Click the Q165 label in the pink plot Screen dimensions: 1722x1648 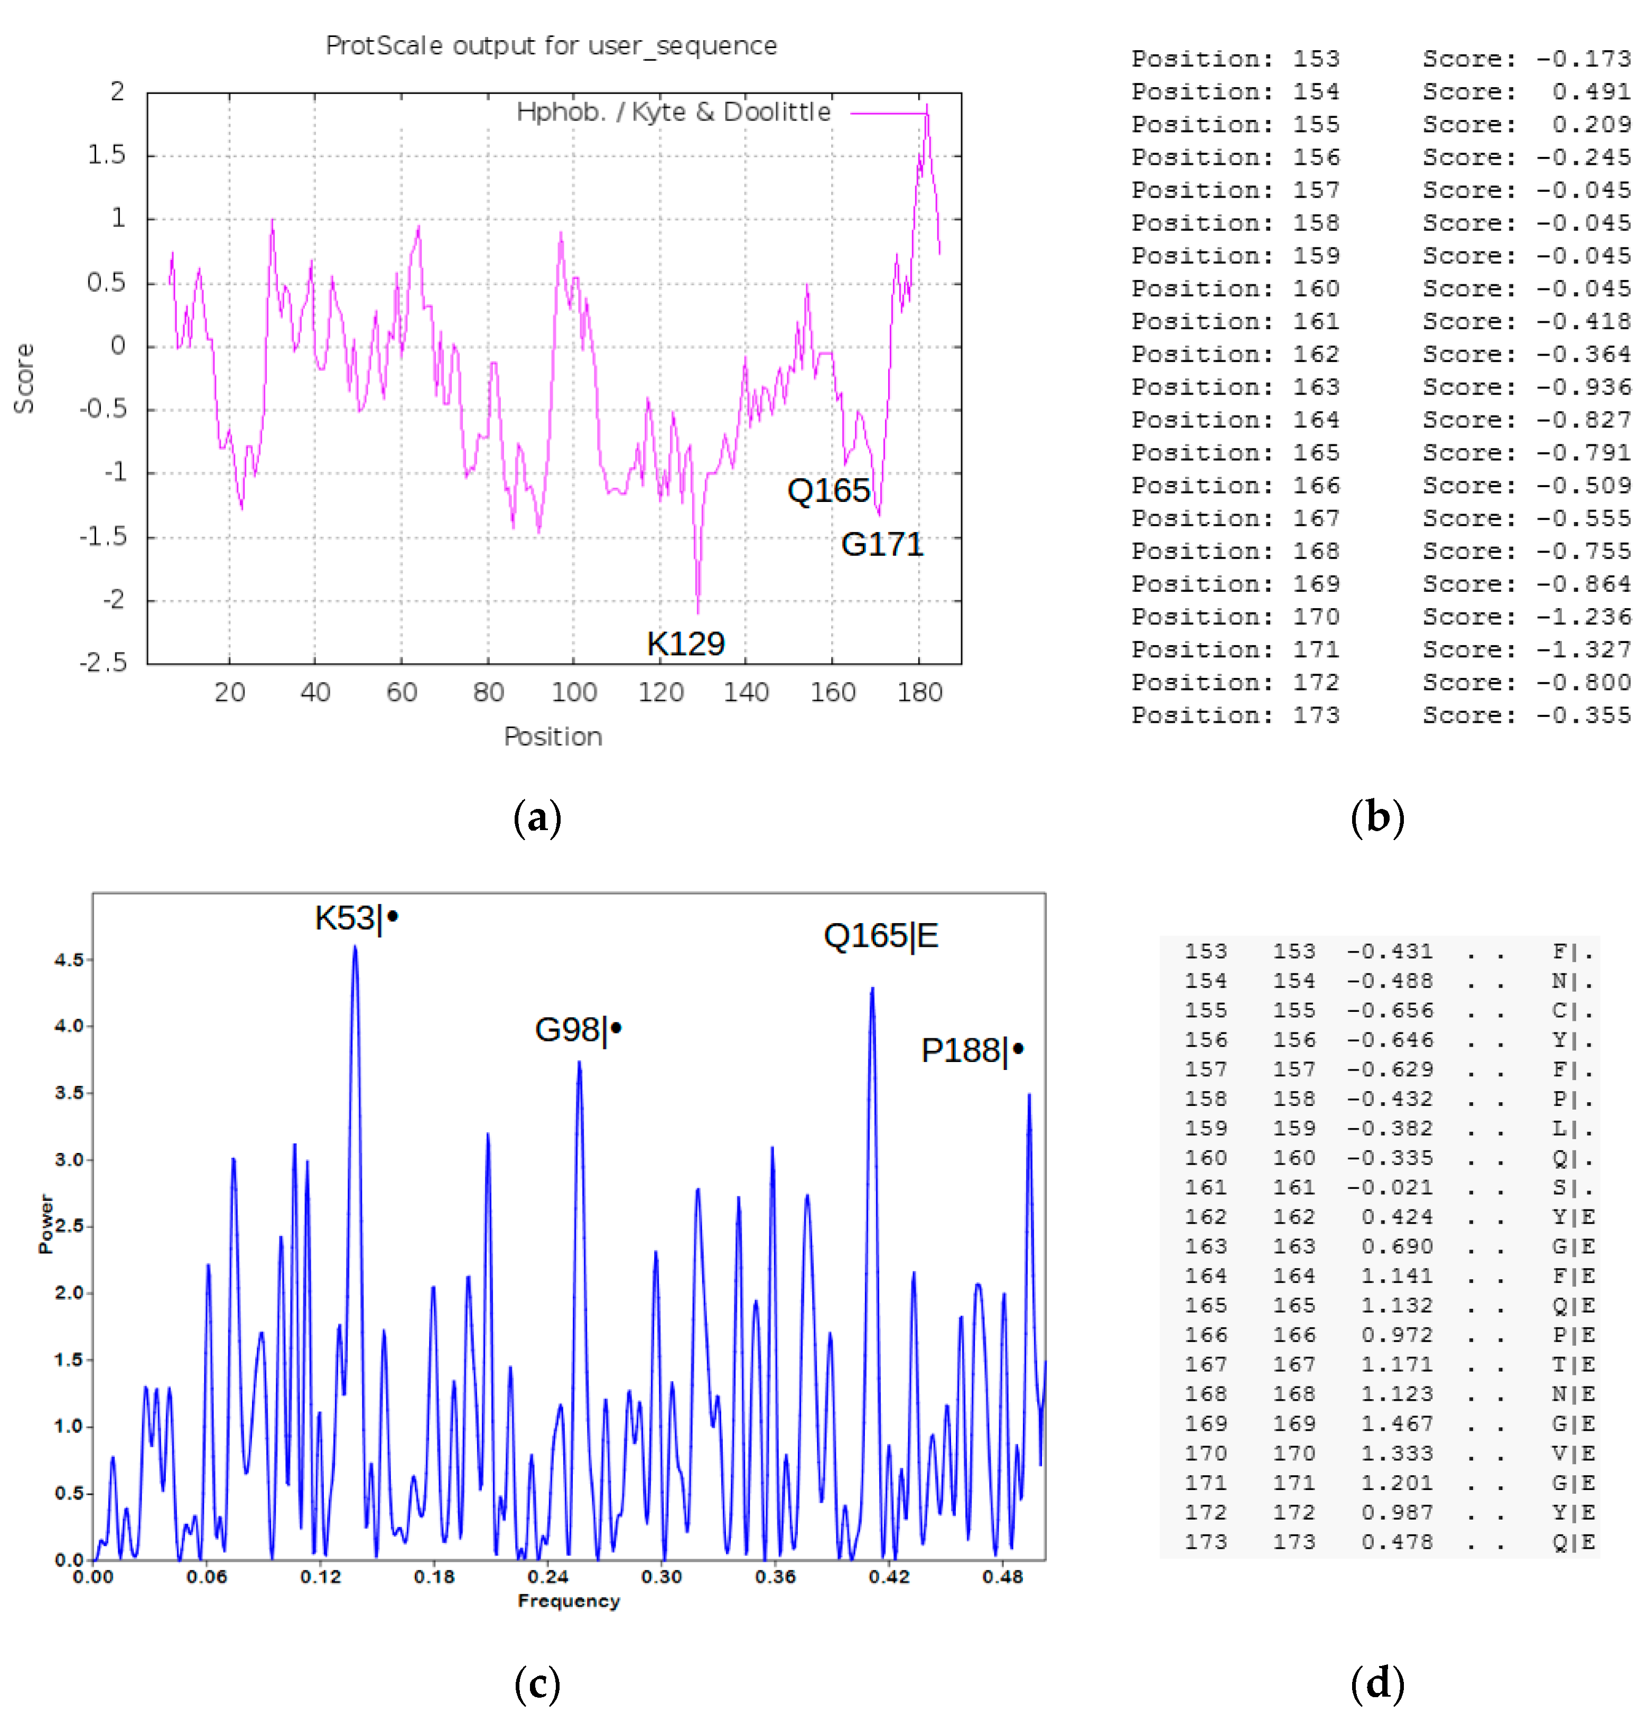point(827,490)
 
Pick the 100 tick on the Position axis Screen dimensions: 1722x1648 point(574,692)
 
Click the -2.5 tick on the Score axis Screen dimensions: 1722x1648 point(104,662)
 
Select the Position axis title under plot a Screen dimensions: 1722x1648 point(553,736)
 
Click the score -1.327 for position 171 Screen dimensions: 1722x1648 point(1582,649)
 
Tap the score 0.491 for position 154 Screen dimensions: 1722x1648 point(1590,91)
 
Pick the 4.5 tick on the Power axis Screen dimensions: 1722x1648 point(69,960)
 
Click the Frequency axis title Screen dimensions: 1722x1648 point(569,1601)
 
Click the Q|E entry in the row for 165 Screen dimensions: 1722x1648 point(1572,1306)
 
